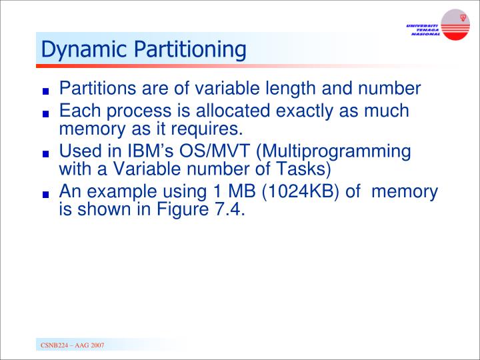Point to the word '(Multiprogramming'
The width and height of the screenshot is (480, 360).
[333, 151]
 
